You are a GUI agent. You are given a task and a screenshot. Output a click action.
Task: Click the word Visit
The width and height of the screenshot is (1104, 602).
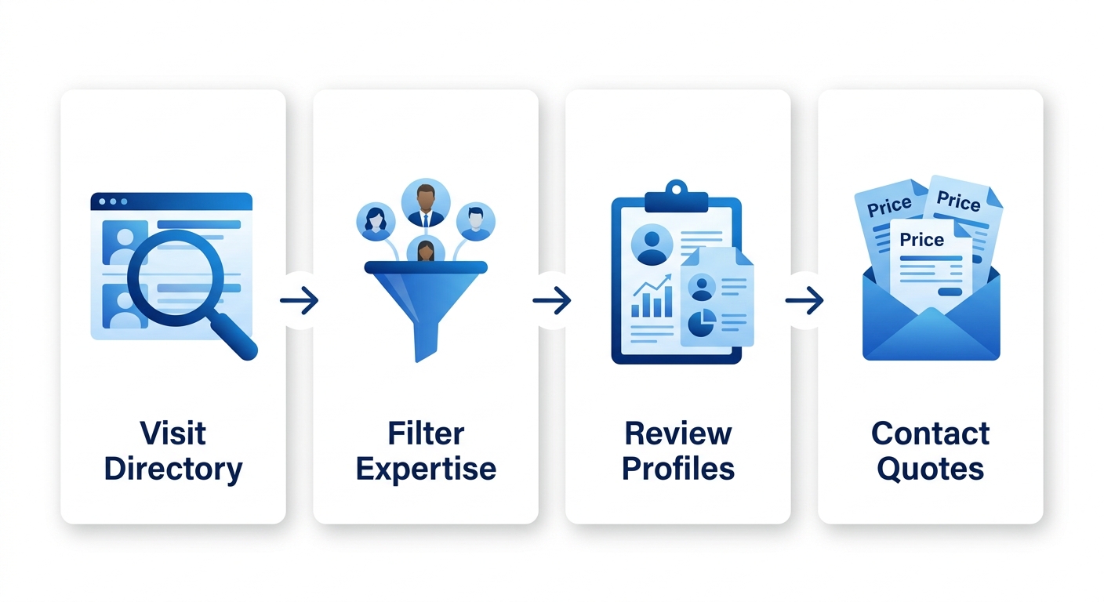tap(172, 433)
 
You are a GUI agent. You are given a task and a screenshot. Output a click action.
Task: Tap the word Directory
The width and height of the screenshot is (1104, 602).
tap(172, 469)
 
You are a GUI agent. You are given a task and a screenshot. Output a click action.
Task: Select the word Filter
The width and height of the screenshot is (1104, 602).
tap(426, 433)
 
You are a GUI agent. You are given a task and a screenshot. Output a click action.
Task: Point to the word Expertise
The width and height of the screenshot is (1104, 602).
tap(426, 469)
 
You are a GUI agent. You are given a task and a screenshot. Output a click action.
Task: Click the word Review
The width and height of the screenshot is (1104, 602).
tap(678, 433)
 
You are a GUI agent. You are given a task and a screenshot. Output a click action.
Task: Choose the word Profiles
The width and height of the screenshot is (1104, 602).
tap(678, 469)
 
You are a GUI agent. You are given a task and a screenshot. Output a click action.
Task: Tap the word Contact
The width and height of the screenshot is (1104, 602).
tap(930, 433)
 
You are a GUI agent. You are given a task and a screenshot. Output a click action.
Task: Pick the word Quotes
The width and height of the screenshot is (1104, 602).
tap(930, 469)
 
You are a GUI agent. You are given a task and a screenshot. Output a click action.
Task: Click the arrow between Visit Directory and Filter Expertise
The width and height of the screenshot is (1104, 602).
tap(300, 300)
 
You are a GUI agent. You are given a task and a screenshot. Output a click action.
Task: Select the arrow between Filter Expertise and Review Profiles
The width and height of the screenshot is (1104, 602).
tap(552, 300)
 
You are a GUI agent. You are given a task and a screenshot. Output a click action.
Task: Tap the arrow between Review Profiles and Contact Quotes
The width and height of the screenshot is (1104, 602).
tap(804, 300)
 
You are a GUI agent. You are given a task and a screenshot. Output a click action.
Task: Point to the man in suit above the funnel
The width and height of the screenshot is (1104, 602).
tap(426, 203)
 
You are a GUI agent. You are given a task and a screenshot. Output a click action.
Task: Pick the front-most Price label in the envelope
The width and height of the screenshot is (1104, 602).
tap(922, 240)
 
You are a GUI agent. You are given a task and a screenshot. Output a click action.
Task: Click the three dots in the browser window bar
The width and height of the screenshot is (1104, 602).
tap(113, 201)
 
